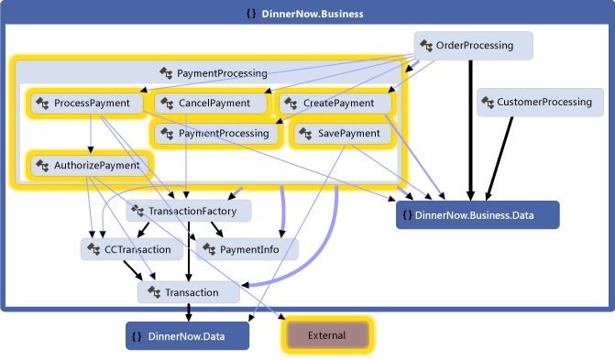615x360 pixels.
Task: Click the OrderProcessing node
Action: click(473, 46)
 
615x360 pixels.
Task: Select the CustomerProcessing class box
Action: click(539, 103)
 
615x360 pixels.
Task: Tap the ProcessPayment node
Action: click(86, 104)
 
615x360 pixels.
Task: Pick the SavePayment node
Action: click(342, 134)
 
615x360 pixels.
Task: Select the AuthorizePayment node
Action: click(90, 166)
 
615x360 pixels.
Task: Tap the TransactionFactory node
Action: click(188, 212)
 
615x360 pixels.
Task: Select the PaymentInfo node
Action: click(247, 248)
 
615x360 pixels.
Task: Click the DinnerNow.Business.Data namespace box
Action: click(477, 215)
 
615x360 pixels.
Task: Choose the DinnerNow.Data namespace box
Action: click(187, 336)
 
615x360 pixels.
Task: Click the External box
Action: click(326, 335)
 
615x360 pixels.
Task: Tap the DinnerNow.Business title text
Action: click(312, 14)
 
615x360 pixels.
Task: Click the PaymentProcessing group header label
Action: click(221, 72)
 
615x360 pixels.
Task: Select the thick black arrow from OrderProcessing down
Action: click(471, 128)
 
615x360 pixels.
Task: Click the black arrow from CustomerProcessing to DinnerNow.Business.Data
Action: click(502, 156)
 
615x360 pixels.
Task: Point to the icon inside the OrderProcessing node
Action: click(425, 45)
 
